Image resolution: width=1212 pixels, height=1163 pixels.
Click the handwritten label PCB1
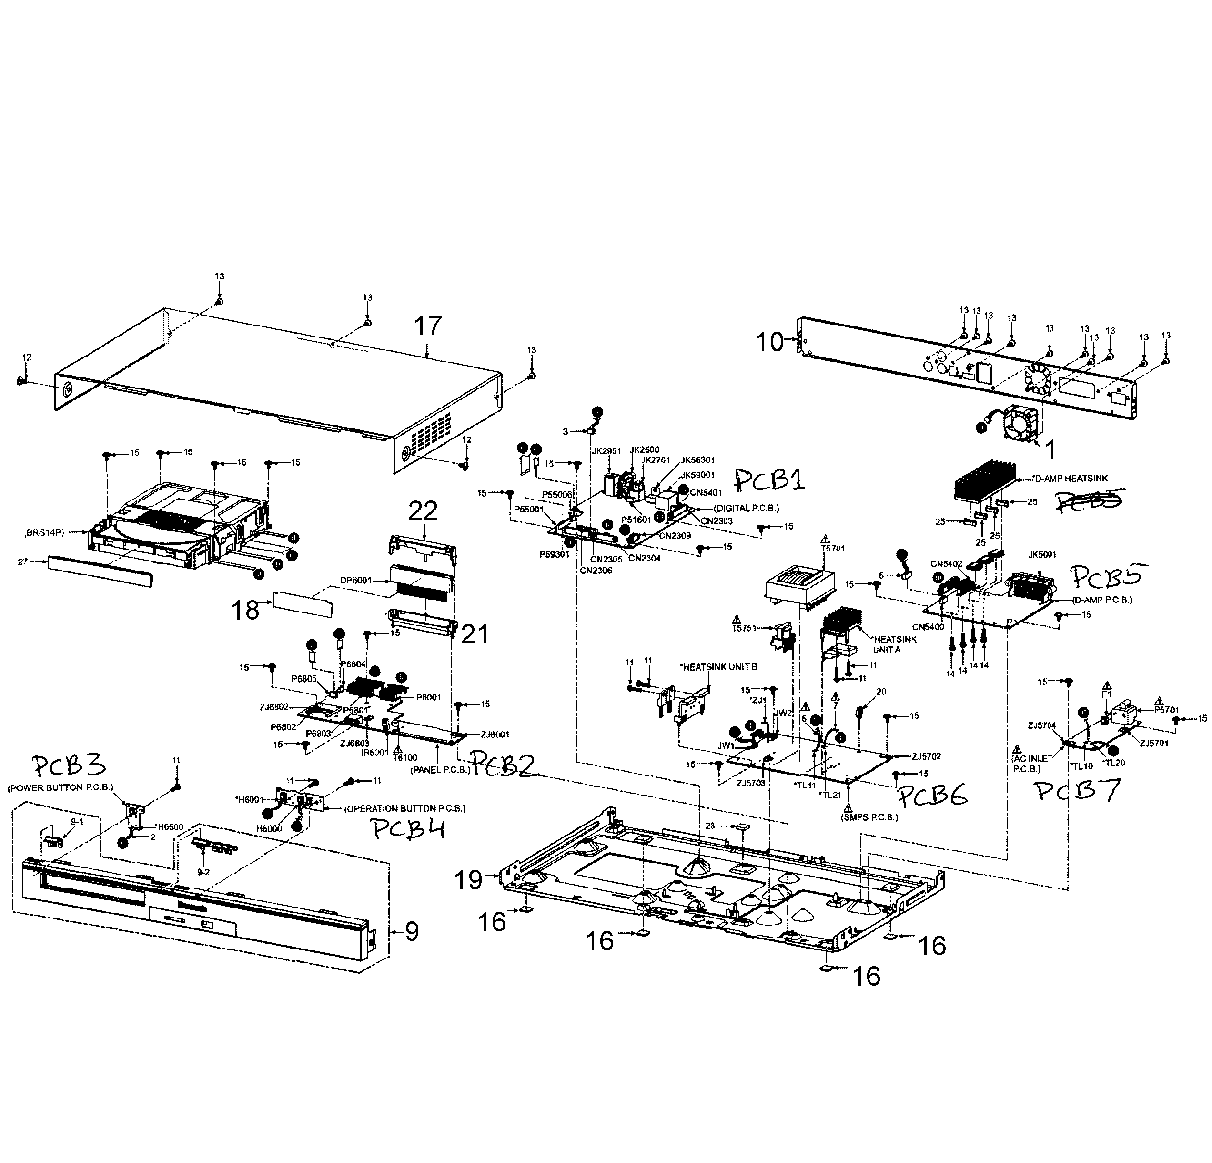coord(770,479)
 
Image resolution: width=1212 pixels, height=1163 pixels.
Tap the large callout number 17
coord(428,326)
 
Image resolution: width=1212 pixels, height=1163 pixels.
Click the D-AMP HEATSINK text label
coord(1071,478)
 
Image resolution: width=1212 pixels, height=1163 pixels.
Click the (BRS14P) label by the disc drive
coord(44,531)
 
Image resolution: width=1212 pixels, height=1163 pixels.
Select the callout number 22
coord(423,511)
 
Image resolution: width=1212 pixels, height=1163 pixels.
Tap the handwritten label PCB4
coord(409,829)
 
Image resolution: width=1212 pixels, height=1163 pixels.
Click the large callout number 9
coord(412,931)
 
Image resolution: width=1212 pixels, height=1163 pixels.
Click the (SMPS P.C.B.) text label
coord(869,816)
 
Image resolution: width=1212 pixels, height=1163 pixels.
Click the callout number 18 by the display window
coord(245,611)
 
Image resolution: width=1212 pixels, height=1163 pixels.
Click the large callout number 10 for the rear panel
coord(770,342)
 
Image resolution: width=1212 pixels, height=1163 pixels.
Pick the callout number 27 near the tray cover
coord(23,561)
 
